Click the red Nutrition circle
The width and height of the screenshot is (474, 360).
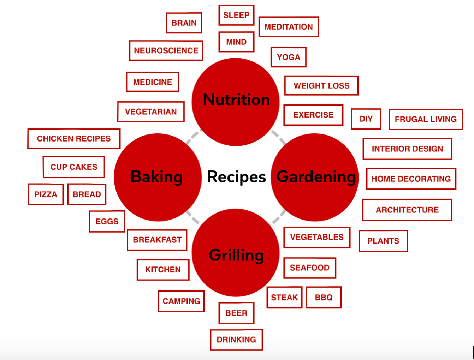point(236,102)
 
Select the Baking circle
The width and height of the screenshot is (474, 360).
point(158,177)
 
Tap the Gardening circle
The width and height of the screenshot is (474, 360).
point(315,177)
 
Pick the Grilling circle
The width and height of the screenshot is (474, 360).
point(236,253)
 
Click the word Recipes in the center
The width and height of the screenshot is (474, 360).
point(236,177)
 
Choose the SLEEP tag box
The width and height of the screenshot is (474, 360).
point(236,15)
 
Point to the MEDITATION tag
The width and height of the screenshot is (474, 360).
point(289,27)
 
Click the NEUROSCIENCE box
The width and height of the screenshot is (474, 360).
point(166,51)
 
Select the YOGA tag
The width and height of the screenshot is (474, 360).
point(288,57)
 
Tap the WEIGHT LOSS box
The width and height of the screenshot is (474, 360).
point(321,86)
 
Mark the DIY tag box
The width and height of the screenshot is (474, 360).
point(366,119)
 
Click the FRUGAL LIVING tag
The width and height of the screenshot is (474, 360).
point(426,120)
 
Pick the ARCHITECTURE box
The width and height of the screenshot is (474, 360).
point(407,210)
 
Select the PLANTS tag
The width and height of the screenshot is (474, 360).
point(383,241)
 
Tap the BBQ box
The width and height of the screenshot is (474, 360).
point(324,298)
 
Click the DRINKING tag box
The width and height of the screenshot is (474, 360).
point(236,340)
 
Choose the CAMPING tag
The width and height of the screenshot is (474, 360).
point(181,301)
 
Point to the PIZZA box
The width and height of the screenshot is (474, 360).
point(46,194)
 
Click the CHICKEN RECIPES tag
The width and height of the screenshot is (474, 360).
point(74,139)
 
